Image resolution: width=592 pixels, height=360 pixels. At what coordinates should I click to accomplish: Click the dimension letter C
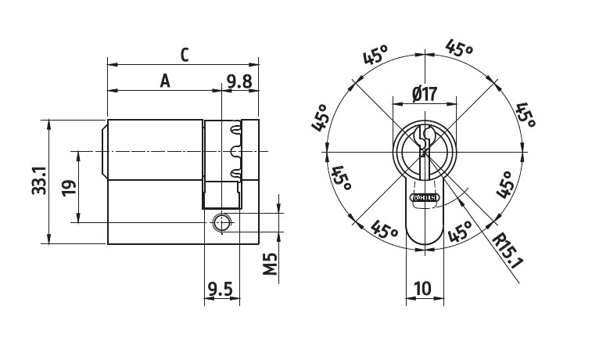(x=185, y=55)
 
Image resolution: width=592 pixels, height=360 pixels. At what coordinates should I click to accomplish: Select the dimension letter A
(x=164, y=80)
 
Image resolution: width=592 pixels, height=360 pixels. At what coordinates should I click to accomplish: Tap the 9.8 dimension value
(x=239, y=80)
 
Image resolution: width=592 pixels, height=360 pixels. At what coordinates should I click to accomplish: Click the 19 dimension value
(x=70, y=188)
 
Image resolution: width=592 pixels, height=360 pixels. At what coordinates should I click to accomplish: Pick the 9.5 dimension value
(x=221, y=290)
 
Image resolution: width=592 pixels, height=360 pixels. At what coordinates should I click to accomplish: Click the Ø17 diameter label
(x=423, y=95)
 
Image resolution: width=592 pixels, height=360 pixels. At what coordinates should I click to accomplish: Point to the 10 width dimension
(x=423, y=289)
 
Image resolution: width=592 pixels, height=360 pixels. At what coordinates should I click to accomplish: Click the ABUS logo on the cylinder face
(x=423, y=197)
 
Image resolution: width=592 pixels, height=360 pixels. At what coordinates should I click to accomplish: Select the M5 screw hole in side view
(x=223, y=222)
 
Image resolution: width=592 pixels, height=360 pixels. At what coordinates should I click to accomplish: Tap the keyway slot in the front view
(x=423, y=145)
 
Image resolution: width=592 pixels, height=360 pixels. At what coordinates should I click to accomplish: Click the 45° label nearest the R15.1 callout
(x=461, y=232)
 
